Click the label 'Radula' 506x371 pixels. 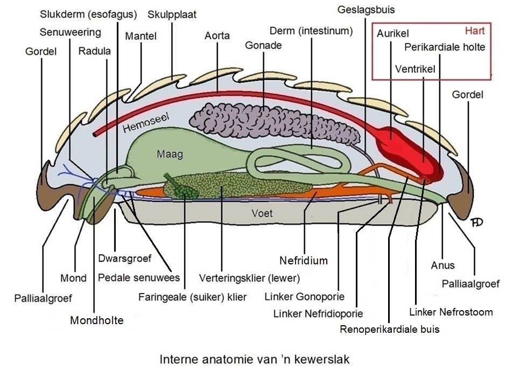coord(95,51)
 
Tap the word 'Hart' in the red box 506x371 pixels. coord(475,31)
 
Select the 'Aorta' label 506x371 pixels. coord(217,36)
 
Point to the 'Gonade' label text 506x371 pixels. coord(263,46)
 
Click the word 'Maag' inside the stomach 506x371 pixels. coord(170,155)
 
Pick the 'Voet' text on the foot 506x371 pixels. coord(262,213)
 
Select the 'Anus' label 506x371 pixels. coord(442,265)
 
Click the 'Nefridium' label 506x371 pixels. coord(304,261)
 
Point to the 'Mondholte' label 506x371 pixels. coord(97,320)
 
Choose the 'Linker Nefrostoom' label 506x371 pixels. coord(451,312)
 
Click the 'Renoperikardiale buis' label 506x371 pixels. coord(390,330)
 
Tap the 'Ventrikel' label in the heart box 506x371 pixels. coord(414,69)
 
